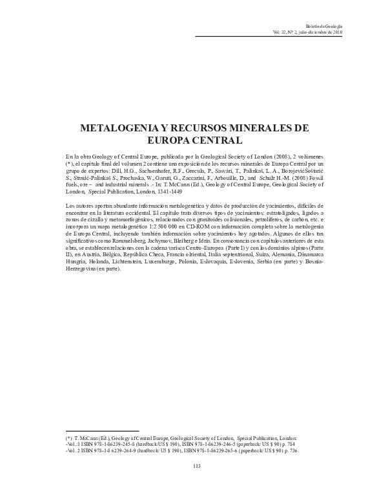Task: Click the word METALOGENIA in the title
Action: (x=118, y=128)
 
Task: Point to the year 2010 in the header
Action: (x=325, y=30)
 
